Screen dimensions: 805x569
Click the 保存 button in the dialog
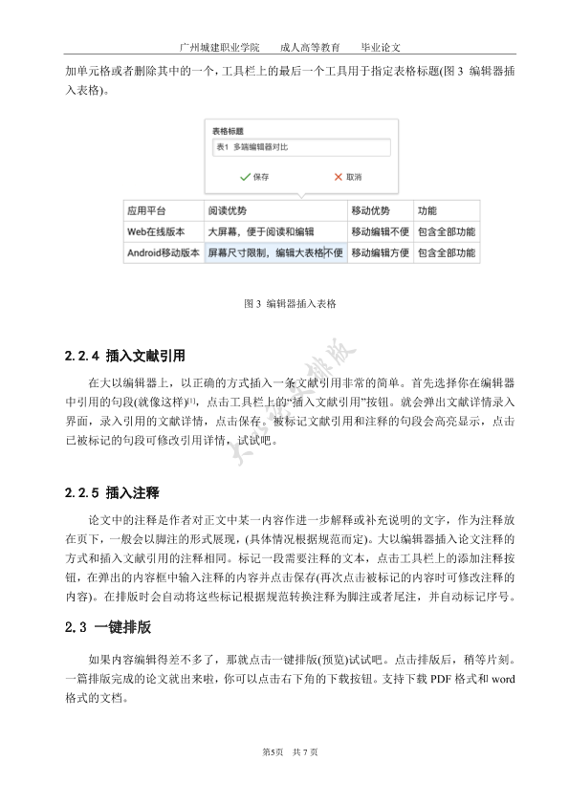(x=255, y=177)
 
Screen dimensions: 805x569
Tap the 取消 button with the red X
(x=347, y=177)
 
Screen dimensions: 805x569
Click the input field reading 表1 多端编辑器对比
(x=300, y=147)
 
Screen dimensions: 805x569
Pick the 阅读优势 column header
(x=228, y=210)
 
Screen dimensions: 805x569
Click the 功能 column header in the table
(x=427, y=210)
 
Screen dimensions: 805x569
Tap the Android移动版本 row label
(x=163, y=253)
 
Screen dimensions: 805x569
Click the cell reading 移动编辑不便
(x=380, y=231)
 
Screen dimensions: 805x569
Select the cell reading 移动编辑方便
(x=380, y=253)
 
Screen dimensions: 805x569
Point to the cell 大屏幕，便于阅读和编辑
(x=261, y=231)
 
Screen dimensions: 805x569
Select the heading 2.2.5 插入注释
(x=111, y=493)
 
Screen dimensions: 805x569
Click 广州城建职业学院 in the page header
(x=219, y=47)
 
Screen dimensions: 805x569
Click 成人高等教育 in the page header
(x=310, y=47)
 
